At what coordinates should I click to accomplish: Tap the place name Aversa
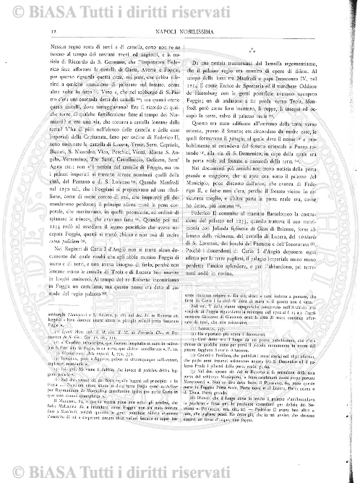coord(145,68)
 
